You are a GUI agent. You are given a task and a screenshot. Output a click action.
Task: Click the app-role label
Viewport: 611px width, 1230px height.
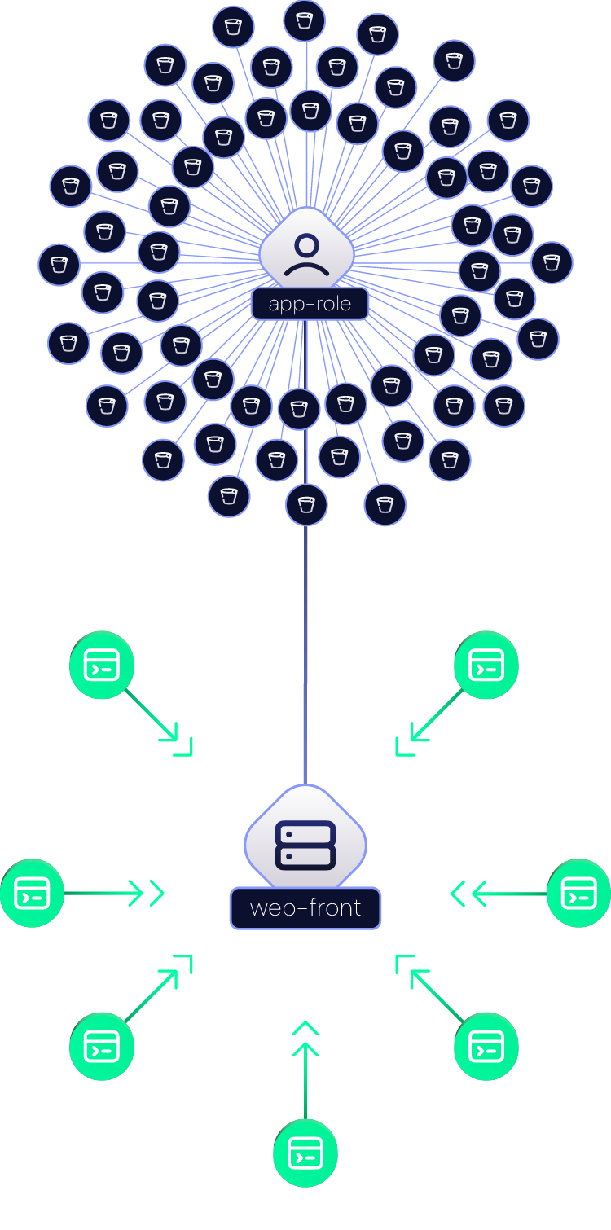(310, 304)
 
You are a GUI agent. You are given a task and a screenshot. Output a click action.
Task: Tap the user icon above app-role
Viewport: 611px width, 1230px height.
(307, 254)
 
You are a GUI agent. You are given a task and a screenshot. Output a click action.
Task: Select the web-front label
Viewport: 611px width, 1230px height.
(305, 908)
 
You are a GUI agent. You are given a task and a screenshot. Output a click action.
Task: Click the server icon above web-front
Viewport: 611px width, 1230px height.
(305, 846)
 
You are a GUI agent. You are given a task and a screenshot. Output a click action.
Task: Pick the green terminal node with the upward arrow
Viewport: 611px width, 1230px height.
(305, 1153)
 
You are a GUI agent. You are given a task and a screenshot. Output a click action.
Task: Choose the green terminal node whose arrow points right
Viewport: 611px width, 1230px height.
(32, 894)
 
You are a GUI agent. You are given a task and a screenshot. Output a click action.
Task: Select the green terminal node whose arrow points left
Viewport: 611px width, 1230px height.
(579, 894)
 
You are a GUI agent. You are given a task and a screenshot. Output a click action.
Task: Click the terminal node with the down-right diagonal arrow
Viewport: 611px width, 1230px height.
(102, 665)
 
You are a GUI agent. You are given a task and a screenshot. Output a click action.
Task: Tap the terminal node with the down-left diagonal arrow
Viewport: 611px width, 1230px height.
(486, 665)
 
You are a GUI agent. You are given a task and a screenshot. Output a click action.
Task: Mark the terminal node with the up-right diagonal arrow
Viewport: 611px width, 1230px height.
(102, 1047)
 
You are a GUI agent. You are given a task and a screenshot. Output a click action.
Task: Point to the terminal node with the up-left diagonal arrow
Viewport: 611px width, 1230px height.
(486, 1047)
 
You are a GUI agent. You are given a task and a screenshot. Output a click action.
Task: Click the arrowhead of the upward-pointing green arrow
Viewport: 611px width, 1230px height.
(305, 1049)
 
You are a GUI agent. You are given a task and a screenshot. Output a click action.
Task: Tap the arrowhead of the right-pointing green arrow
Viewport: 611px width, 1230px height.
(136, 894)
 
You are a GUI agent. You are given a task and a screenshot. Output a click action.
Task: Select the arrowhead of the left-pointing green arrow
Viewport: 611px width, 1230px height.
(479, 894)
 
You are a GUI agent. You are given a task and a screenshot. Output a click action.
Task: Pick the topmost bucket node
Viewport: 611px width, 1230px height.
(304, 21)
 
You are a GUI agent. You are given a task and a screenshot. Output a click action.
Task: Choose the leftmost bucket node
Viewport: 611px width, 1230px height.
(59, 265)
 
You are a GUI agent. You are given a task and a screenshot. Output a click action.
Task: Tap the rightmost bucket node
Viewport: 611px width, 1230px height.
(552, 262)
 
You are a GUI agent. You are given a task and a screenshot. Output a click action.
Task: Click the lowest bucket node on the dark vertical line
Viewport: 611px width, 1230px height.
(306, 505)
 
